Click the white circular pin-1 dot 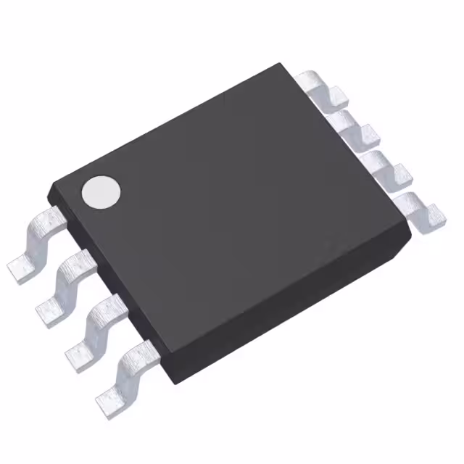[101, 192]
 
